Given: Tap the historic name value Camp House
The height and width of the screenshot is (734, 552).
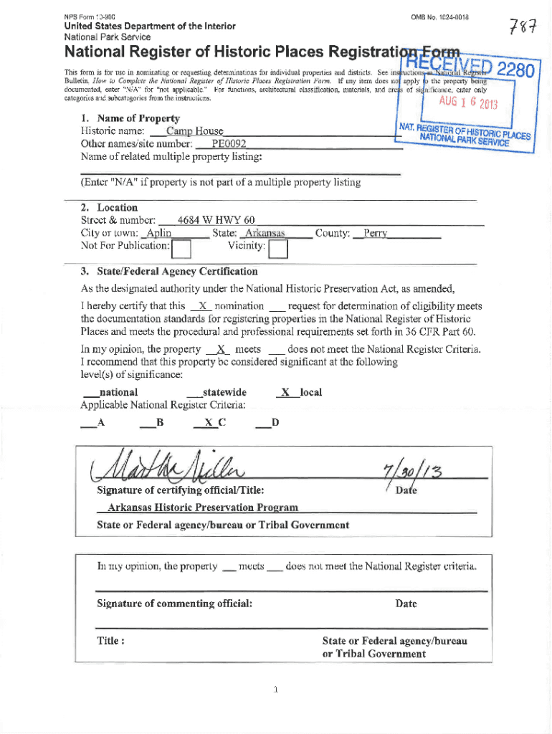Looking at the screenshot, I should [194, 131].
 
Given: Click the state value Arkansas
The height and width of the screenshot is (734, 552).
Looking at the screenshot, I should [265, 234].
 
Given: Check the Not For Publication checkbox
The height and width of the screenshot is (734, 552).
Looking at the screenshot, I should [183, 249].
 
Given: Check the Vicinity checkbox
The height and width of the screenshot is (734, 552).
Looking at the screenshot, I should [277, 249].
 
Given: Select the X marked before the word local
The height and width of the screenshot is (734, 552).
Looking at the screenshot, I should [285, 392].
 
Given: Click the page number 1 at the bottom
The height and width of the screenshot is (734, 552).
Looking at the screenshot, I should [275, 690].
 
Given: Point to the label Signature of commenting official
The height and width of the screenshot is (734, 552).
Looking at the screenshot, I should [174, 604].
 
